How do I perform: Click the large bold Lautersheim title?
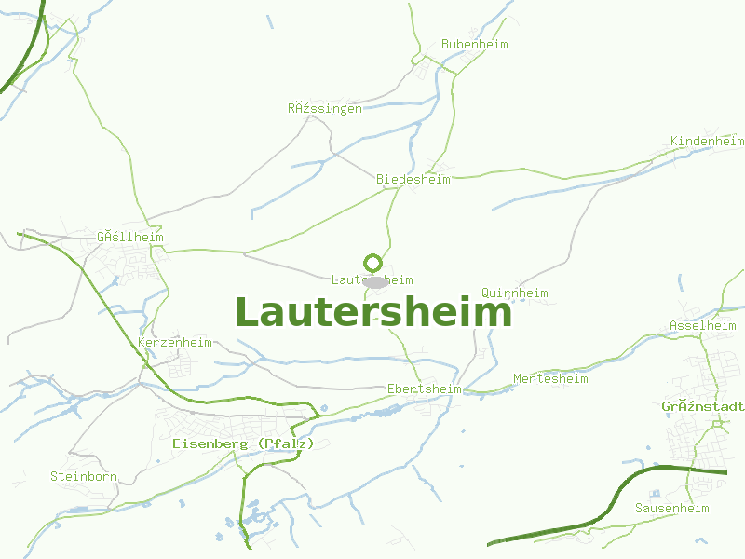pos(373,312)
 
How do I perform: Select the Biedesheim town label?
pos(413,179)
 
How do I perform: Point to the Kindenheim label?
pos(707,141)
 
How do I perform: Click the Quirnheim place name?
pos(514,293)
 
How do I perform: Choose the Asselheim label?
pos(702,326)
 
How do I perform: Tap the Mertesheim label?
pos(550,379)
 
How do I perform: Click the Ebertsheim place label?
pos(425,389)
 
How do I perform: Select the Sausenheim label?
pos(671,508)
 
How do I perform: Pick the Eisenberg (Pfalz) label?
pos(244,443)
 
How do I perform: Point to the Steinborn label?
pos(84,476)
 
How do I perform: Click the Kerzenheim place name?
pos(175,343)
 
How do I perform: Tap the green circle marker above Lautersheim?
pos(373,263)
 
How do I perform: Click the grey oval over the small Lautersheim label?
pos(375,281)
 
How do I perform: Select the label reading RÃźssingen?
pos(325,109)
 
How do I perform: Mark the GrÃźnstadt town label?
pos(702,407)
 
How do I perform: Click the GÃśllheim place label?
pos(130,238)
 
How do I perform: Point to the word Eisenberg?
pos(210,443)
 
